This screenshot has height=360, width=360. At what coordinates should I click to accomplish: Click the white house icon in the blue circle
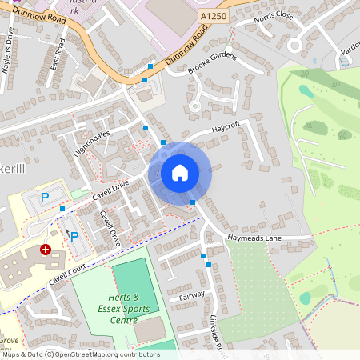coord(180,173)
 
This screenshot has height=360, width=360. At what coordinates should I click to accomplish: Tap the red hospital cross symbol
coord(46,250)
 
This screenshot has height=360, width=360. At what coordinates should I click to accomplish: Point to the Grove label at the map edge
coord(10,340)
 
